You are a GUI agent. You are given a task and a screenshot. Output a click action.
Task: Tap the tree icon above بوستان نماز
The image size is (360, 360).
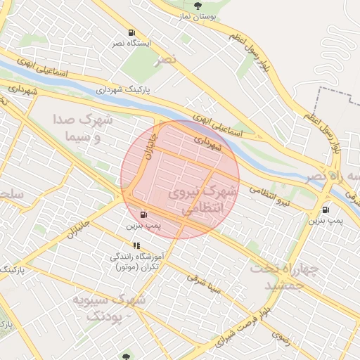click(x=198, y=6)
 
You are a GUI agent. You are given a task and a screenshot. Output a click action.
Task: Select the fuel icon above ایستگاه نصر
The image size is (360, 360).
click(x=131, y=33)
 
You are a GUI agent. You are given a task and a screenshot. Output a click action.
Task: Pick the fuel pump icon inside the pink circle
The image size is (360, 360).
click(x=143, y=214)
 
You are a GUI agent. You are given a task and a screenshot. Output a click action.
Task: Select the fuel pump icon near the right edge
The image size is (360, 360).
click(x=326, y=210)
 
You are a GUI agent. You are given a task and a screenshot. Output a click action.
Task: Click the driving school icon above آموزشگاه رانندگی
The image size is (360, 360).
click(x=136, y=246)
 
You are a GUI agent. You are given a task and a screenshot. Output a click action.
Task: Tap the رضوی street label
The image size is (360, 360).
click(x=281, y=335)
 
